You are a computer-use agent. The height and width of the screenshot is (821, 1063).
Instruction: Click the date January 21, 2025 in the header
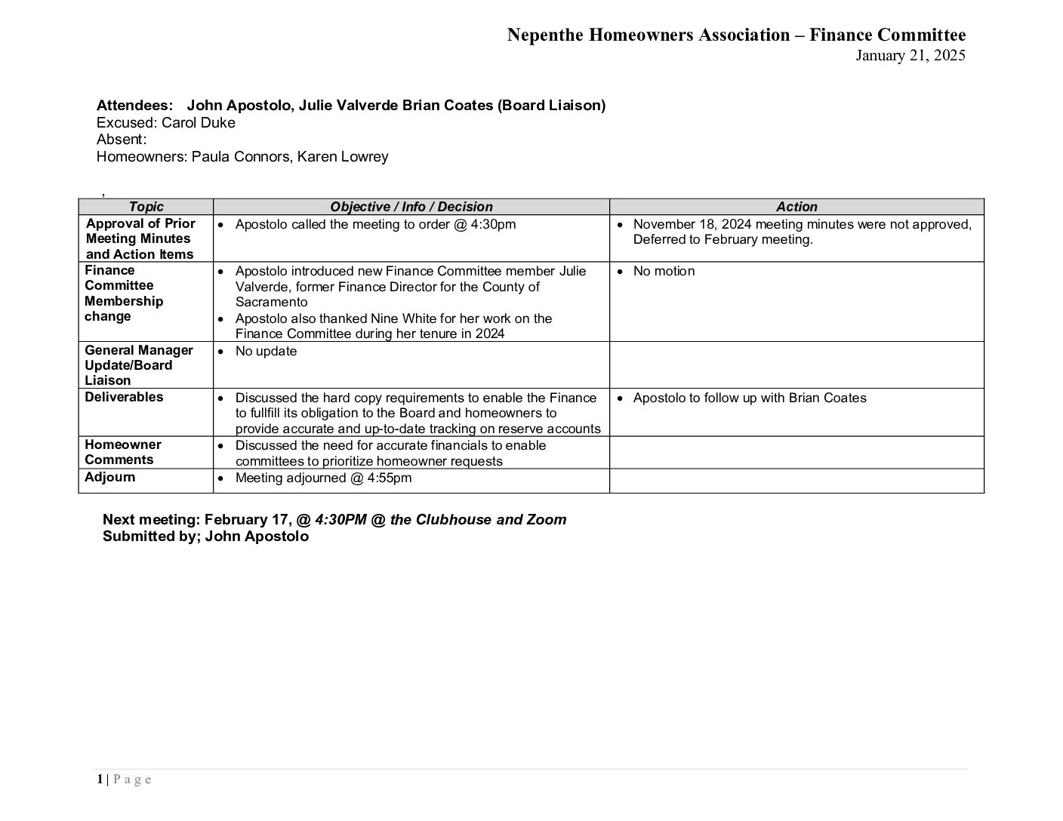[910, 55]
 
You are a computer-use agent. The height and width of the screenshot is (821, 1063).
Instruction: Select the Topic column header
[146, 207]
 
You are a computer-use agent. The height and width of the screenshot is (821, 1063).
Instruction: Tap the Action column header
[796, 207]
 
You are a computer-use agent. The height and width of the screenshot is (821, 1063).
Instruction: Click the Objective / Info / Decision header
[411, 207]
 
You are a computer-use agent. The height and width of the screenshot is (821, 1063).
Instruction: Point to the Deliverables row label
[124, 397]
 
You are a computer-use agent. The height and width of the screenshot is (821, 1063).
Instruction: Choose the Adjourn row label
[110, 477]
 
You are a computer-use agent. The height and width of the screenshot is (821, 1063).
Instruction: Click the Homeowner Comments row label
[122, 452]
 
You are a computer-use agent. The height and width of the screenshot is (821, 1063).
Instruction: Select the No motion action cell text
[664, 271]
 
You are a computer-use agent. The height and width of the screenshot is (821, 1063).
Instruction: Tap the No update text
[266, 351]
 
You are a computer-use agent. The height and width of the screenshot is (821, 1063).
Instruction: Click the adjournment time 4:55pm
[390, 478]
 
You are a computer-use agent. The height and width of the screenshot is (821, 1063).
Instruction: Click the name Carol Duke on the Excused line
[199, 122]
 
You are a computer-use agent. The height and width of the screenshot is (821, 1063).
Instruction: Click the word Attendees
[134, 106]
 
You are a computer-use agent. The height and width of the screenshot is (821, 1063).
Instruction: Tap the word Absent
[121, 140]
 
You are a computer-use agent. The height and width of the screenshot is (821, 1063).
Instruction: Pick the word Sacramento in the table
[271, 302]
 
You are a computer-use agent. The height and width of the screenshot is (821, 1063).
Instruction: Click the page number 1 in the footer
[99, 779]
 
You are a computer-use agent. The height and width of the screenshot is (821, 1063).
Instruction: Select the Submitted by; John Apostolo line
[205, 537]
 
